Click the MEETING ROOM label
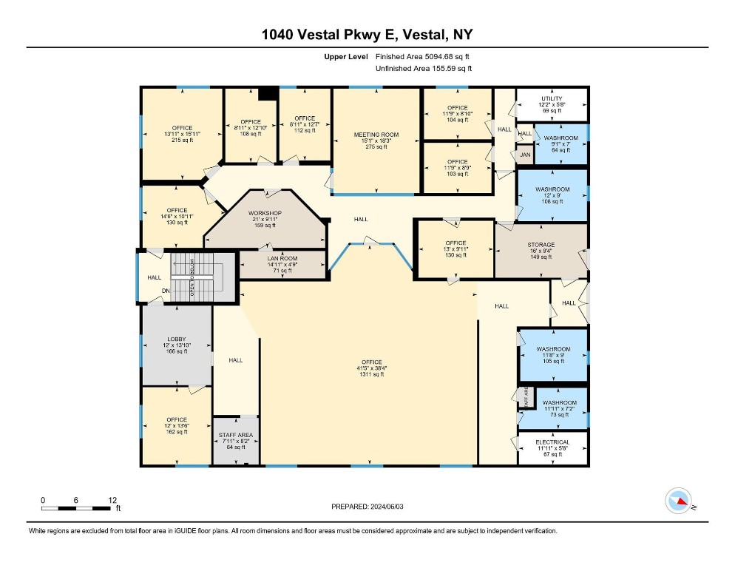click(x=376, y=135)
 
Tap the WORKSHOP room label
click(x=265, y=213)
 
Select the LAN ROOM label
click(x=282, y=258)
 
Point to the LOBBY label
click(x=177, y=339)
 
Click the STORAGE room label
click(x=541, y=245)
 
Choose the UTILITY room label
click(x=552, y=98)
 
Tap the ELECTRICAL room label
click(x=552, y=442)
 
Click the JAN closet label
click(x=525, y=155)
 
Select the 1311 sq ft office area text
click(x=372, y=374)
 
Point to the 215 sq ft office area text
click(x=183, y=140)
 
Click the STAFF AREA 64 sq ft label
click(x=236, y=441)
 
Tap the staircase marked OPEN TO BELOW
click(x=192, y=277)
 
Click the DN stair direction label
click(x=166, y=291)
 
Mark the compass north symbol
click(x=678, y=501)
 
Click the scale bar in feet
click(x=76, y=508)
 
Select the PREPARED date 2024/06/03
click(x=367, y=507)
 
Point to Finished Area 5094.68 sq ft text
click(x=422, y=57)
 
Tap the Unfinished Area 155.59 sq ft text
click(x=424, y=69)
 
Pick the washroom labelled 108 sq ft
click(x=552, y=195)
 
